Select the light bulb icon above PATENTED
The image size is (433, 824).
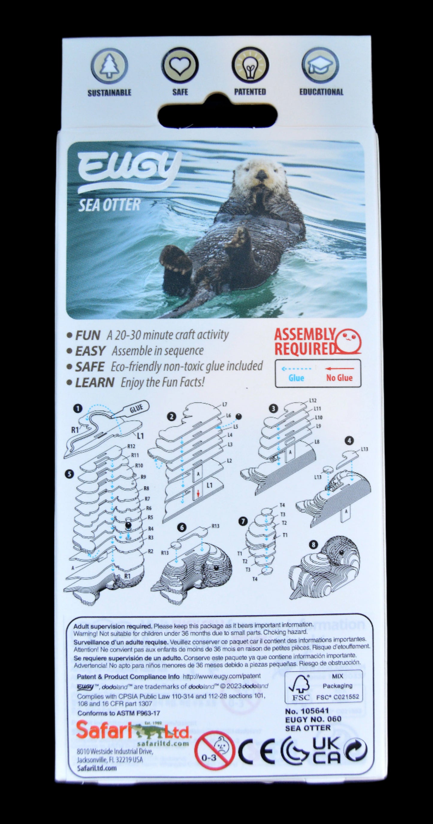pyautogui.click(x=250, y=65)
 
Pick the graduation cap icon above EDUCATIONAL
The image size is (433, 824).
pyautogui.click(x=320, y=66)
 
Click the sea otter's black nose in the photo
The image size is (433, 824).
pyautogui.click(x=262, y=174)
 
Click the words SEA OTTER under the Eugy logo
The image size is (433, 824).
pyautogui.click(x=109, y=205)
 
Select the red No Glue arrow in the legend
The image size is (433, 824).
pyautogui.click(x=340, y=369)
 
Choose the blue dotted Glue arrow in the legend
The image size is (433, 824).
pyautogui.click(x=296, y=369)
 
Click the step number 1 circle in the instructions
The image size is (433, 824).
pyautogui.click(x=78, y=409)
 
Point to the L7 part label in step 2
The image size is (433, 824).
pyautogui.click(x=225, y=405)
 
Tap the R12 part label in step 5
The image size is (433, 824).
pyautogui.click(x=131, y=447)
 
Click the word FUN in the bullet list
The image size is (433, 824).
pyautogui.click(x=88, y=335)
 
